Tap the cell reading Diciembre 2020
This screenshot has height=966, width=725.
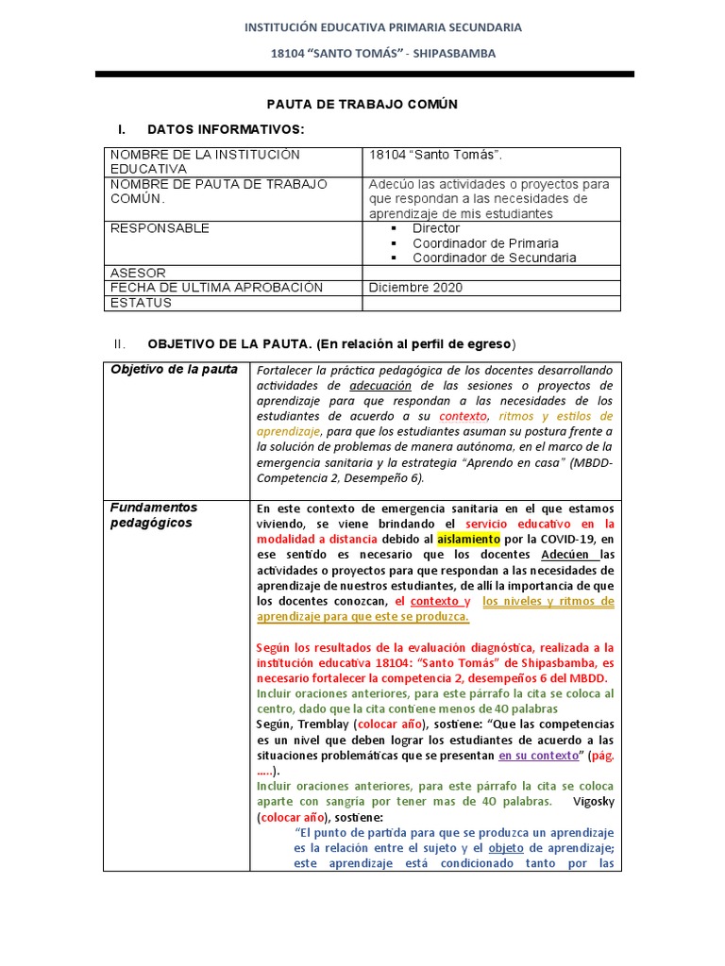(x=415, y=288)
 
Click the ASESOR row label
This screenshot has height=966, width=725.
(x=138, y=273)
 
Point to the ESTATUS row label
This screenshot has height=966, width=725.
(x=142, y=303)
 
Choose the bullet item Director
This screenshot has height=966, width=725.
(x=436, y=228)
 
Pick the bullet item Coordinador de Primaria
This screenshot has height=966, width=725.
(x=485, y=243)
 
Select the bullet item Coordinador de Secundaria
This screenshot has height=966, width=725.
(x=494, y=258)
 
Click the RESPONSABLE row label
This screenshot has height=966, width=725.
(x=160, y=228)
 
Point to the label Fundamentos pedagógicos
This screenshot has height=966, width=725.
(x=154, y=515)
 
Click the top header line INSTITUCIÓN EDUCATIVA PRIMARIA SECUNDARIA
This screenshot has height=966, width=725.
(x=383, y=27)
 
